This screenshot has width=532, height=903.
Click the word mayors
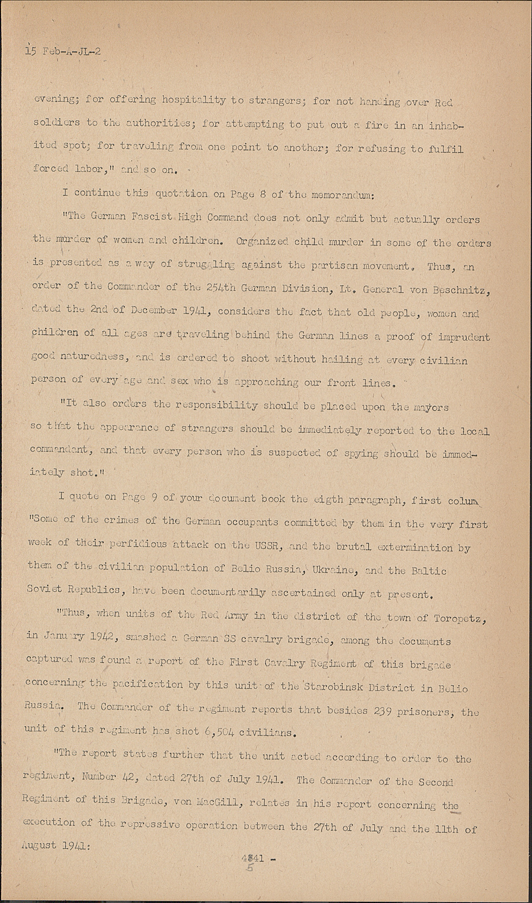429,407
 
